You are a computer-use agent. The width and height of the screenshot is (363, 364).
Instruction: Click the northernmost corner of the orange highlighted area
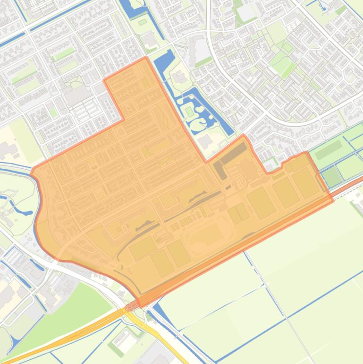pos(145,58)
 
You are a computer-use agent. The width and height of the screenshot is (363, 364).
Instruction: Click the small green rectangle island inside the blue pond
pos(190,112)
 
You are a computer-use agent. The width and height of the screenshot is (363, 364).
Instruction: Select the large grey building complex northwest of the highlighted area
pos(76,95)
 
